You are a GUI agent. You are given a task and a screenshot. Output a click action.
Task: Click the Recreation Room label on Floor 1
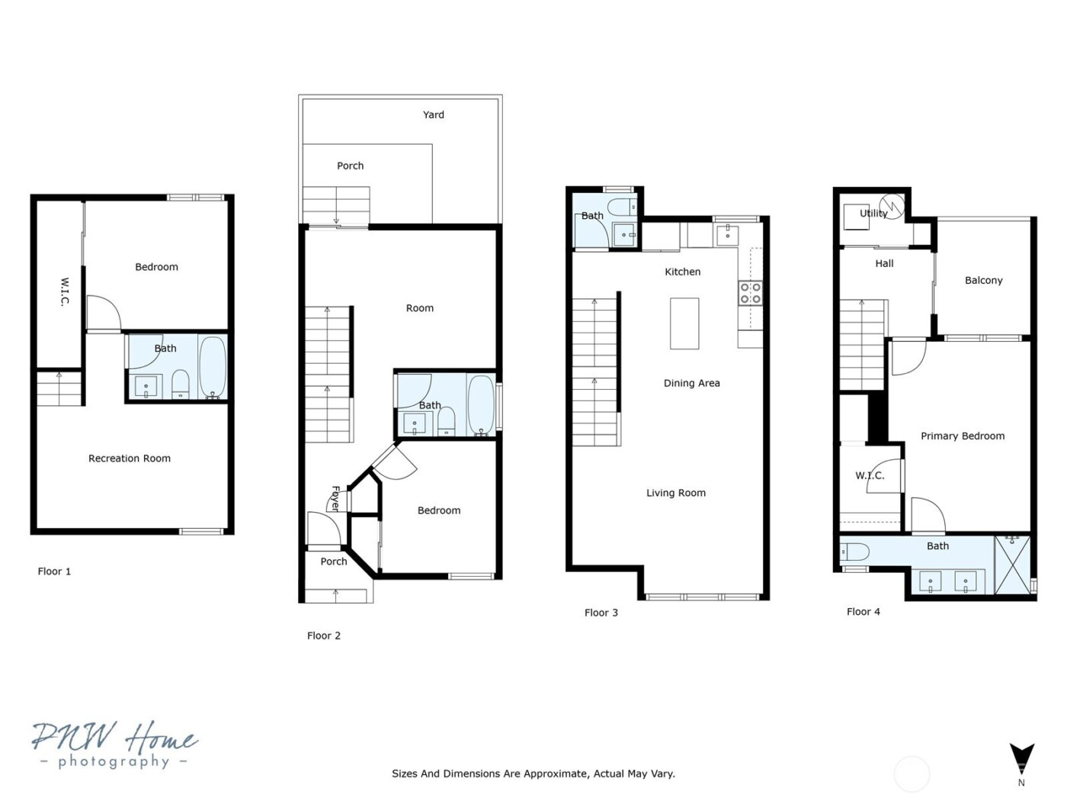point(130,458)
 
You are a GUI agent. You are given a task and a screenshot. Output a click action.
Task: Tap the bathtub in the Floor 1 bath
point(213,367)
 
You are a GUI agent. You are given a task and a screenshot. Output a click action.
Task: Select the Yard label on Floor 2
point(434,114)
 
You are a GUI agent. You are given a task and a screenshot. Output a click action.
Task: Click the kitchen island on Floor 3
point(684,323)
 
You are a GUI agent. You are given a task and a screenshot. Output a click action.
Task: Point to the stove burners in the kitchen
point(750,293)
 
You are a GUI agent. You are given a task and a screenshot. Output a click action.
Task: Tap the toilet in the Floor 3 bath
point(623,207)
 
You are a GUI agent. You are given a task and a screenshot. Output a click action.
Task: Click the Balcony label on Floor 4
point(983,281)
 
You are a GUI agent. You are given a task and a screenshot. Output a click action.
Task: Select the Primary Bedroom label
point(962,436)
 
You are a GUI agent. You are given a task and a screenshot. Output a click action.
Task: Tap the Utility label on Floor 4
point(873,214)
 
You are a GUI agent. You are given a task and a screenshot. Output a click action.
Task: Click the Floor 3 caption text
point(601,613)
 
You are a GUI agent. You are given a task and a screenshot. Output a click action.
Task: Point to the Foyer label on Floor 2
point(335,498)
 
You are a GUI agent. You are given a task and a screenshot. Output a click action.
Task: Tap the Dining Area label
point(691,383)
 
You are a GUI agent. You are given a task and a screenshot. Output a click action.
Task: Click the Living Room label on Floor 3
point(676,493)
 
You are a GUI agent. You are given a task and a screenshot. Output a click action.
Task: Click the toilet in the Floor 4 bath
point(855,552)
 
